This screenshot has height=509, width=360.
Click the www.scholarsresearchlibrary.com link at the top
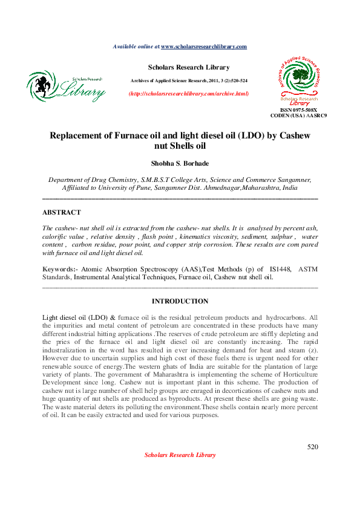point(204,47)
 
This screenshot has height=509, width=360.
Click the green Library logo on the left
point(66,86)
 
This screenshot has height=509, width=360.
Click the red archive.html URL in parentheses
point(189,94)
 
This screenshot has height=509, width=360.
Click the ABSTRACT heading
point(61,213)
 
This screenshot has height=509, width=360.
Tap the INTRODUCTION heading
point(180,301)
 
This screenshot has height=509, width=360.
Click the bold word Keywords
point(58,269)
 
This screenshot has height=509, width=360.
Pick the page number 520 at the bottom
point(312,447)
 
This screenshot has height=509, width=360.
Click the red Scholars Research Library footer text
point(180,455)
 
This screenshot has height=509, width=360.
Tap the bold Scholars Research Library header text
point(188,67)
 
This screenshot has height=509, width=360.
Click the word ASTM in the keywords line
point(308,269)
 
